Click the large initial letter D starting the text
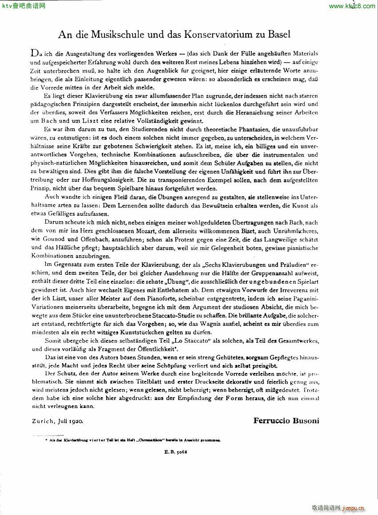tap(34, 53)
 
